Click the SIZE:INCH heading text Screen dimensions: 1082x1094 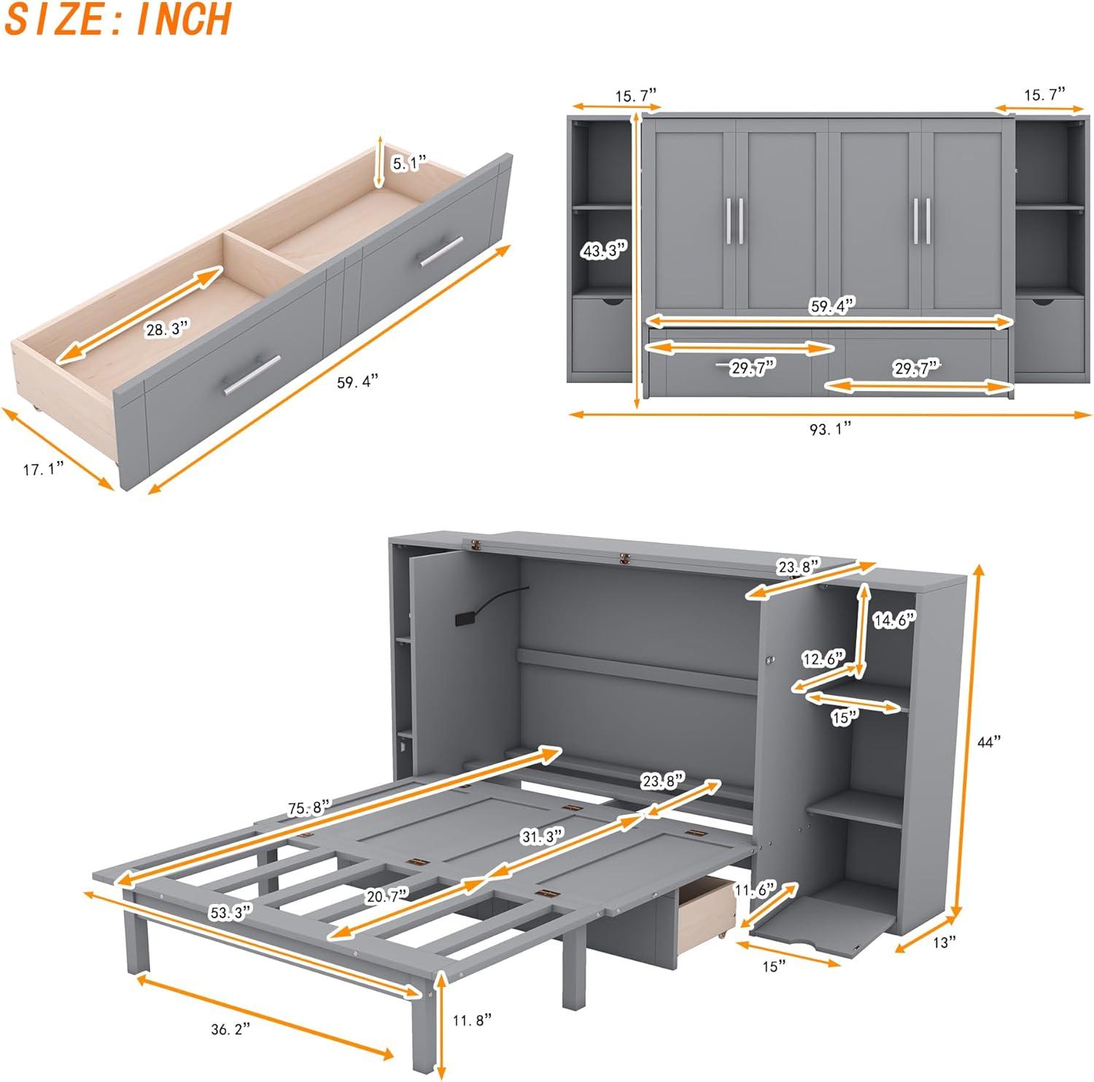(118, 20)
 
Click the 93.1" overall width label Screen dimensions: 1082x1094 (830, 430)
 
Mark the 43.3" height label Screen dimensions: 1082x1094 (604, 252)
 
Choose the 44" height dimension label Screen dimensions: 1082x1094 (989, 742)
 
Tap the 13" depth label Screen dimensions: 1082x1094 (944, 943)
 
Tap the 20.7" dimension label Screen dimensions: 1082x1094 (387, 894)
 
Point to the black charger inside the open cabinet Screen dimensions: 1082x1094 (464, 619)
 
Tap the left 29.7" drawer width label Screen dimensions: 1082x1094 (752, 368)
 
